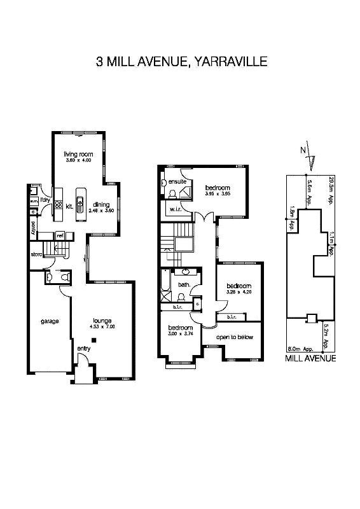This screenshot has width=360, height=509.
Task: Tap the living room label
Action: click(78, 155)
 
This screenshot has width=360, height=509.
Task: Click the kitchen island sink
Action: click(80, 203)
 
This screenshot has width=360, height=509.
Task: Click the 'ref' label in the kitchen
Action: click(60, 235)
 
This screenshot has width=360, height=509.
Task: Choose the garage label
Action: click(50, 321)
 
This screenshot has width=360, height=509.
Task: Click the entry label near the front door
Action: click(84, 349)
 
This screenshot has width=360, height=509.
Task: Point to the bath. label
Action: click(184, 285)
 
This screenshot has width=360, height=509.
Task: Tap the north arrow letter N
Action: click(303, 150)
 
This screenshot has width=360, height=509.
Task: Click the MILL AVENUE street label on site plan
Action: click(310, 358)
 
